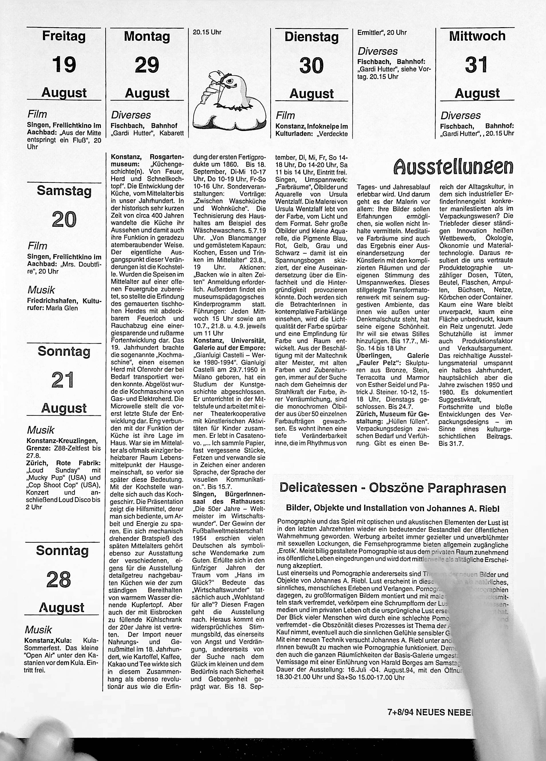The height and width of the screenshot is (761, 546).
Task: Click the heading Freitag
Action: [x=64, y=36]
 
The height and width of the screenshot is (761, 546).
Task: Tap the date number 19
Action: [x=64, y=64]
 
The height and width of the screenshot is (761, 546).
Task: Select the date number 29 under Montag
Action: [x=147, y=65]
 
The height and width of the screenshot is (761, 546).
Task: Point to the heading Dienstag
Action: [x=312, y=37]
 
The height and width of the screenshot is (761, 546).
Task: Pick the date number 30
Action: [x=312, y=65]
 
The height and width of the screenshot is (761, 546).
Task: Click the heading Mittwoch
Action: [x=477, y=36]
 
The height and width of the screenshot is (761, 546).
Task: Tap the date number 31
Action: [x=476, y=64]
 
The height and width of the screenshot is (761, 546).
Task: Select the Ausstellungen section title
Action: [x=454, y=166]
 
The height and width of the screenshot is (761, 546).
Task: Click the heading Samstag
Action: [x=64, y=191]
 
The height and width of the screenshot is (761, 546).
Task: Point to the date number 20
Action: [x=64, y=219]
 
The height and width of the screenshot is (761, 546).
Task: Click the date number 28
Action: [x=59, y=579]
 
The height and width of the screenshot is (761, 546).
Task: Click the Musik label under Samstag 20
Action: [x=41, y=290]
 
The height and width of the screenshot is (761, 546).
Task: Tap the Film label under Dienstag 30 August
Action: [x=285, y=116]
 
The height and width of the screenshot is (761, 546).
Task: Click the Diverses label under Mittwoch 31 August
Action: [x=460, y=116]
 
